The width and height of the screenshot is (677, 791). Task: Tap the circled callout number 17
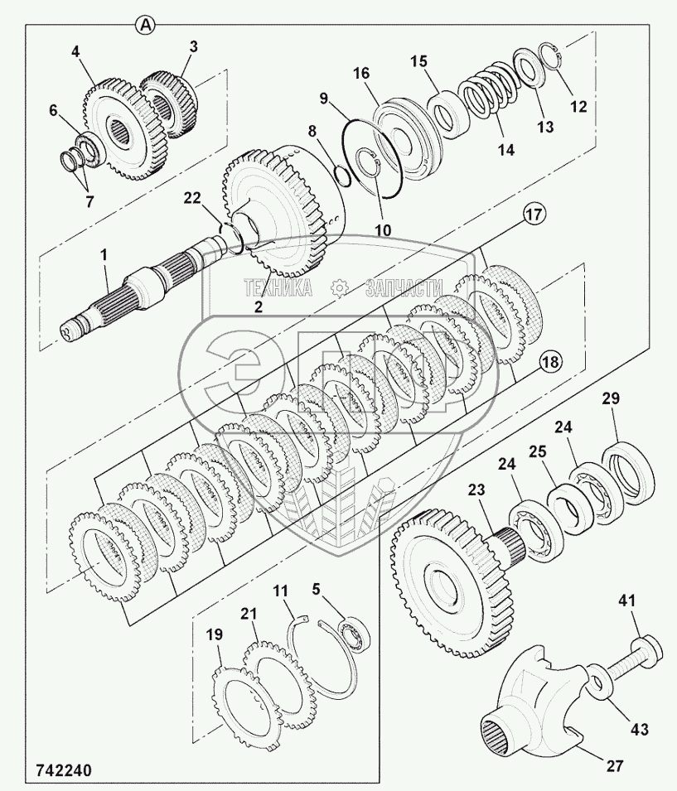pos(534,215)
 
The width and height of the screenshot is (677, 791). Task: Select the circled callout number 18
pos(550,361)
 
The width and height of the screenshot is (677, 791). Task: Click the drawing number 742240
pos(64,771)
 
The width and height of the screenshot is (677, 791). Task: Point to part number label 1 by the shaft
pos(104,256)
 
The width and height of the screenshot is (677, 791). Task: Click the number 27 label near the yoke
pos(614,766)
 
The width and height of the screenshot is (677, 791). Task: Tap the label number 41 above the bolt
pos(626,600)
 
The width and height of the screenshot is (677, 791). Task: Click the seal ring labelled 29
pos(630,471)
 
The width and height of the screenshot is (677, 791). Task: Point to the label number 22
pos(192,199)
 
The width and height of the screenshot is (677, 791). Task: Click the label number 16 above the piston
pos(361,73)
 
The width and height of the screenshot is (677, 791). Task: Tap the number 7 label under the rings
pos(89,202)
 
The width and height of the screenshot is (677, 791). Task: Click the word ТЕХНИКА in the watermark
pos(278,287)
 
